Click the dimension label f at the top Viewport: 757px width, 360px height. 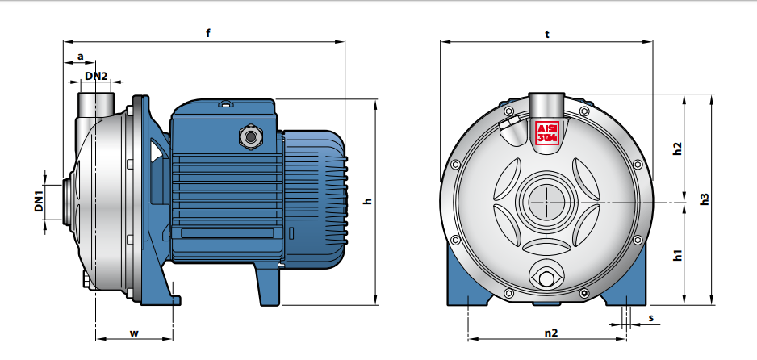pyautogui.click(x=208, y=33)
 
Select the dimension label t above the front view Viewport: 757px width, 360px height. pyautogui.click(x=547, y=34)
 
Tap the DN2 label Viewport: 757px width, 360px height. pyautogui.click(x=96, y=76)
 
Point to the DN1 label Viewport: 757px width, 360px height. pyautogui.click(x=39, y=201)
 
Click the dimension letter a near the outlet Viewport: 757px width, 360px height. pyautogui.click(x=81, y=57)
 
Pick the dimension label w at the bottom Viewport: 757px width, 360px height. pyautogui.click(x=134, y=333)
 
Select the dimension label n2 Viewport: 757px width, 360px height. pyautogui.click(x=551, y=333)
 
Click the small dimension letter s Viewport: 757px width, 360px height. pyautogui.click(x=651, y=317)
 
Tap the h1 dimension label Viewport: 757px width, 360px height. pyautogui.click(x=678, y=255)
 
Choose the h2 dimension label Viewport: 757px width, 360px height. pyautogui.click(x=678, y=149)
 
